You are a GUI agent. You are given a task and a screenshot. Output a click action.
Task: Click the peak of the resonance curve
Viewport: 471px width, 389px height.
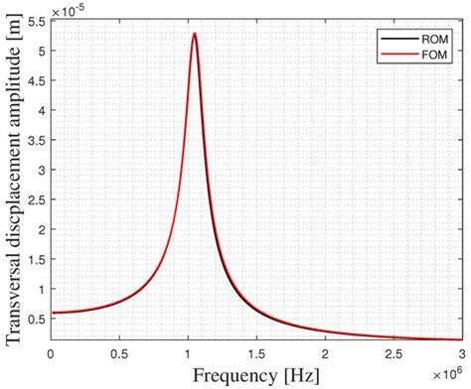coord(195,34)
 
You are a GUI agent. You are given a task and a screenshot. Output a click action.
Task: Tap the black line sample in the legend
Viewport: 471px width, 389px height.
coord(388,39)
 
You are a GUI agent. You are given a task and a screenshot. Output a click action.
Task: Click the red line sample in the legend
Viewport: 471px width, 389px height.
coord(388,55)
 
